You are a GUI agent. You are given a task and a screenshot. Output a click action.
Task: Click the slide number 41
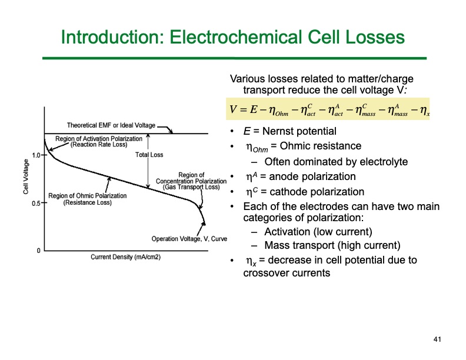click(437, 339)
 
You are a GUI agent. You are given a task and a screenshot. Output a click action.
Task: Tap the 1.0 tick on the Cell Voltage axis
click(36, 156)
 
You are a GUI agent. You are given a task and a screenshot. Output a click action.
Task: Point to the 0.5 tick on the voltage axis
click(36, 204)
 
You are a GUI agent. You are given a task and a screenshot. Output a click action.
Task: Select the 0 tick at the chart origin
click(39, 251)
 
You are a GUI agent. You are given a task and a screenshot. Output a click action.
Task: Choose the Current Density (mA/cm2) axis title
click(125, 257)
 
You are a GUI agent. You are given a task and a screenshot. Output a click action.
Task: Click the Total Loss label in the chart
click(149, 155)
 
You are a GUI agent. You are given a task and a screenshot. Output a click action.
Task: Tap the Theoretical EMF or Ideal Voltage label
click(111, 125)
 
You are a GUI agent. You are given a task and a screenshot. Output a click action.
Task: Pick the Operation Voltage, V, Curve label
click(189, 239)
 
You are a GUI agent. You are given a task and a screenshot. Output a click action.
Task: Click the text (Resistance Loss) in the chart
click(87, 202)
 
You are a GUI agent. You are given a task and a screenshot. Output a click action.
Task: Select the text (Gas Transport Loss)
click(191, 187)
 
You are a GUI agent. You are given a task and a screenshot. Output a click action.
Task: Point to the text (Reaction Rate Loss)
click(99, 144)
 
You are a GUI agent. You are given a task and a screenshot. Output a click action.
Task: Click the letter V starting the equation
click(235, 109)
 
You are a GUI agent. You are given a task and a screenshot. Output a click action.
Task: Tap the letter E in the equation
click(254, 109)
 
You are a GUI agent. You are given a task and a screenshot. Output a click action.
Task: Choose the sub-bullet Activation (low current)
click(318, 231)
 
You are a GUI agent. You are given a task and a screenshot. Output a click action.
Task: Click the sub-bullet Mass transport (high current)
click(332, 245)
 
